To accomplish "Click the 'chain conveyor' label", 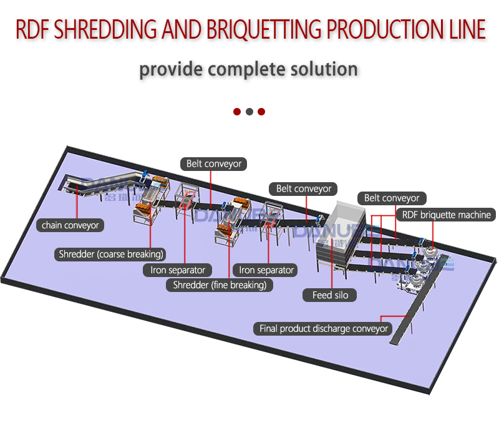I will coord(70,225).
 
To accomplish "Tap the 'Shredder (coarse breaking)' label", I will coord(111,254).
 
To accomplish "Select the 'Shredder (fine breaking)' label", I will coord(219,285).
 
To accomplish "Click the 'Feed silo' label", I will coord(330,294).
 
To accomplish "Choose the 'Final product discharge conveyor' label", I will coord(324,328).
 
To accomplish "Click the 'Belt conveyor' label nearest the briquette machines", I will coord(392,198).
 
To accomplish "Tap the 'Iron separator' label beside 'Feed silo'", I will coord(266,270).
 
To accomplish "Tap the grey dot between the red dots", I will coord(249,112).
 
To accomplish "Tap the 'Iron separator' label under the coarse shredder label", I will coord(178,270).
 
